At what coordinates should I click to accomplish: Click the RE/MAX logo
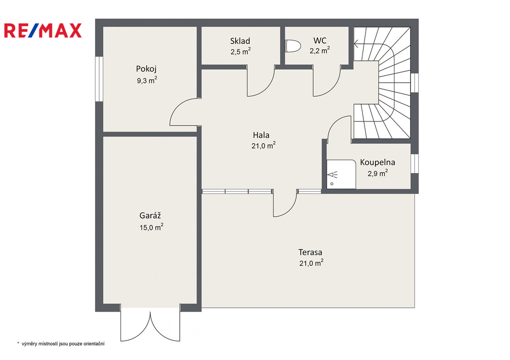43,30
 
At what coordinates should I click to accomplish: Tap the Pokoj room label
146,69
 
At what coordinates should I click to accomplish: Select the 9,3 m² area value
147,80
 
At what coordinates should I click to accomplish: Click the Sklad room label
240,41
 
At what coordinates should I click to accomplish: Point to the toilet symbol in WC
293,46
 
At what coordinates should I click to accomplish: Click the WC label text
320,41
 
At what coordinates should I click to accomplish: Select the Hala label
261,135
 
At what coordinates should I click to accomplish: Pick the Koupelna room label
378,162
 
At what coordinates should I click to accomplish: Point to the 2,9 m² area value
378,173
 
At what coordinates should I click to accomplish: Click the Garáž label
150,215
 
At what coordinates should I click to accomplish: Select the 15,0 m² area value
151,227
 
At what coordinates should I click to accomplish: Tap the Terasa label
310,252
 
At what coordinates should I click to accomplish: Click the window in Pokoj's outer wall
99,79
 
